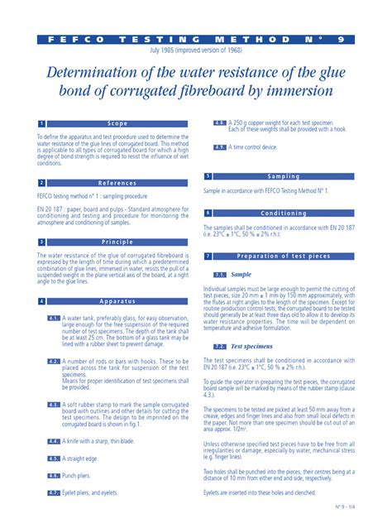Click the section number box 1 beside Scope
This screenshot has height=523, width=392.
pos(41,123)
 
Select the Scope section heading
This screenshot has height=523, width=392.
pos(118,123)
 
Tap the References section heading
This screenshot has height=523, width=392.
pos(118,183)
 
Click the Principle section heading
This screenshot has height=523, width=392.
pos(118,242)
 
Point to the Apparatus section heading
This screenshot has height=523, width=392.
pos(118,301)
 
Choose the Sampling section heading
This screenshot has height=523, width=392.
pos(284,176)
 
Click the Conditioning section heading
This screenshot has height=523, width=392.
pos(284,213)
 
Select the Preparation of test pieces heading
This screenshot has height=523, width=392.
pos(284,257)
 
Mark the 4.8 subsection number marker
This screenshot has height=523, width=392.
pos(220,122)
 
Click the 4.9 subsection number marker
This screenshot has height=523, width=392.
pos(220,146)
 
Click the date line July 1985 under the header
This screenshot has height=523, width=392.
pos(196,50)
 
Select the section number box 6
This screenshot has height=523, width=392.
pos(208,213)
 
